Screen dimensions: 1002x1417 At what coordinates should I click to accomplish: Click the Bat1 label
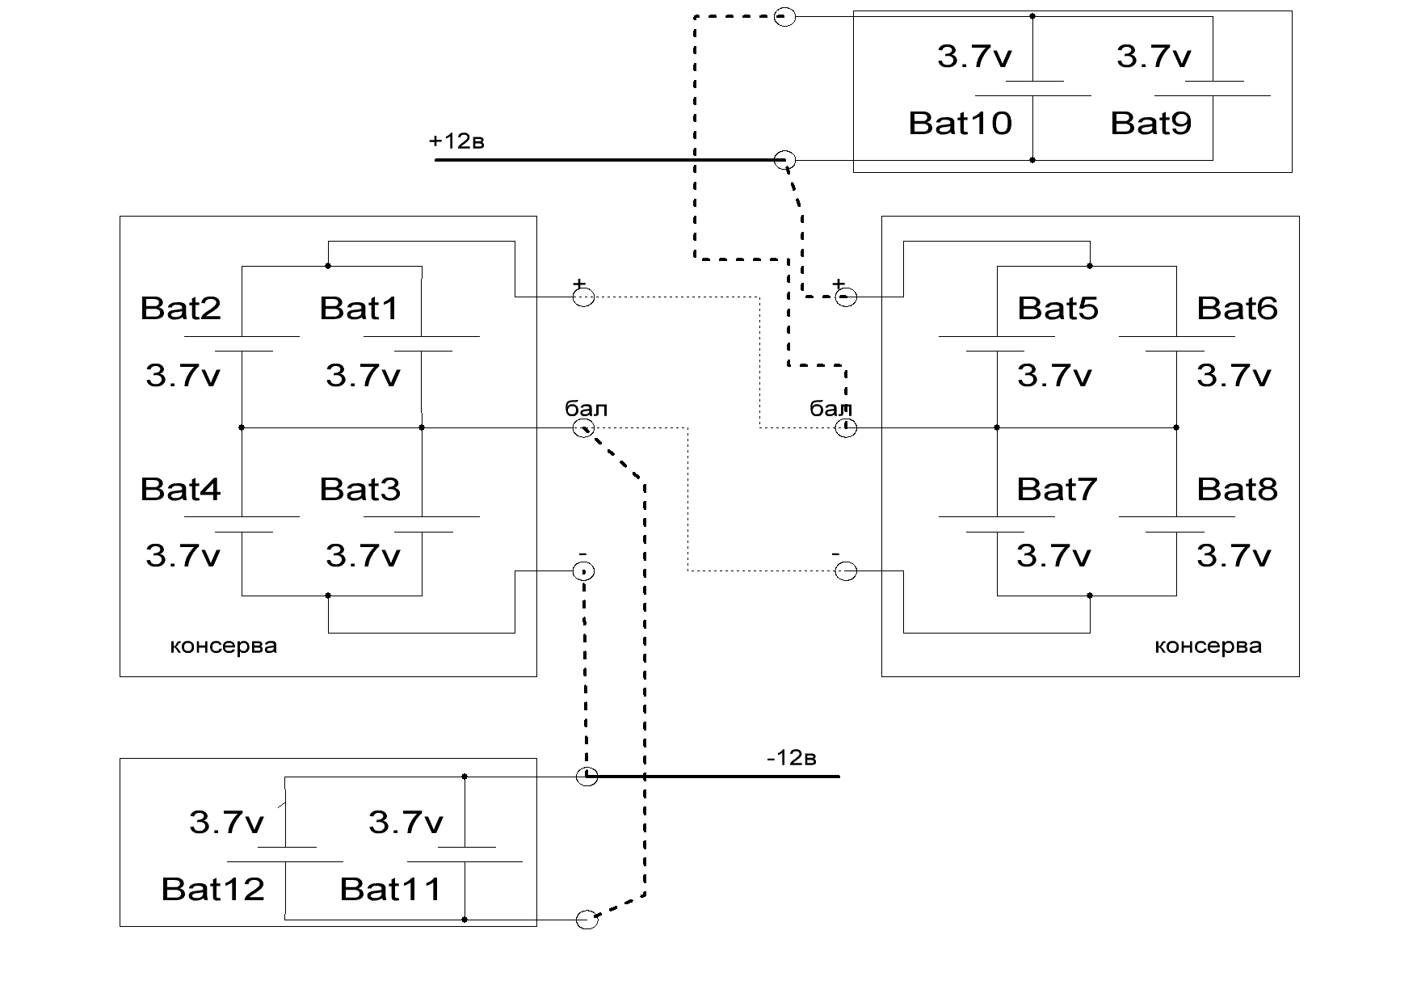(360, 308)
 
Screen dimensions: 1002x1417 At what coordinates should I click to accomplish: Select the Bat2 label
(180, 308)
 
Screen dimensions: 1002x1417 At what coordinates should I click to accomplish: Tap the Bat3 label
(360, 489)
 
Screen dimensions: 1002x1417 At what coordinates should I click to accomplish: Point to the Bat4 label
(180, 489)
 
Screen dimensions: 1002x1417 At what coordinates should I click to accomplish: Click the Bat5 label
(1057, 308)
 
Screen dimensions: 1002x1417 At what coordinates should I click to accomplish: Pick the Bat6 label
(1237, 308)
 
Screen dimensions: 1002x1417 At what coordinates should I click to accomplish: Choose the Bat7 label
(1057, 489)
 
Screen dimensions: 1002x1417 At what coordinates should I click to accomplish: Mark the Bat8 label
(1237, 489)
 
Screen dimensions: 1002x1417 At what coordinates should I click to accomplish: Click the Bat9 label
(1150, 123)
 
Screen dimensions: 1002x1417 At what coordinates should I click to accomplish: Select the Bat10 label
(960, 123)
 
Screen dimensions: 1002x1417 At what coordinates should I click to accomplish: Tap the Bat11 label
(391, 889)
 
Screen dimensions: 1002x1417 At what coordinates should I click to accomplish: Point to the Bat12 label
(212, 889)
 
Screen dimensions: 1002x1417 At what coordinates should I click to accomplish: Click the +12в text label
(456, 141)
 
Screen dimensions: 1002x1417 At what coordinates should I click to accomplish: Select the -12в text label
(792, 758)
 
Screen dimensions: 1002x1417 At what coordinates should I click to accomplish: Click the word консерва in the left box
(223, 646)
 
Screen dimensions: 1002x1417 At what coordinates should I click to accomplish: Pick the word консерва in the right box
(1208, 646)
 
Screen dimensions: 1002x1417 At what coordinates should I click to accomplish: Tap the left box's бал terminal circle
(583, 428)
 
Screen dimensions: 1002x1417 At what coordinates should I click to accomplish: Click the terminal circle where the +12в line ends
(784, 160)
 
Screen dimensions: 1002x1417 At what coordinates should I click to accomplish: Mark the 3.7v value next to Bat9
(1153, 57)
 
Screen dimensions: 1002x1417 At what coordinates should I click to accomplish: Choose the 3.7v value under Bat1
(363, 376)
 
